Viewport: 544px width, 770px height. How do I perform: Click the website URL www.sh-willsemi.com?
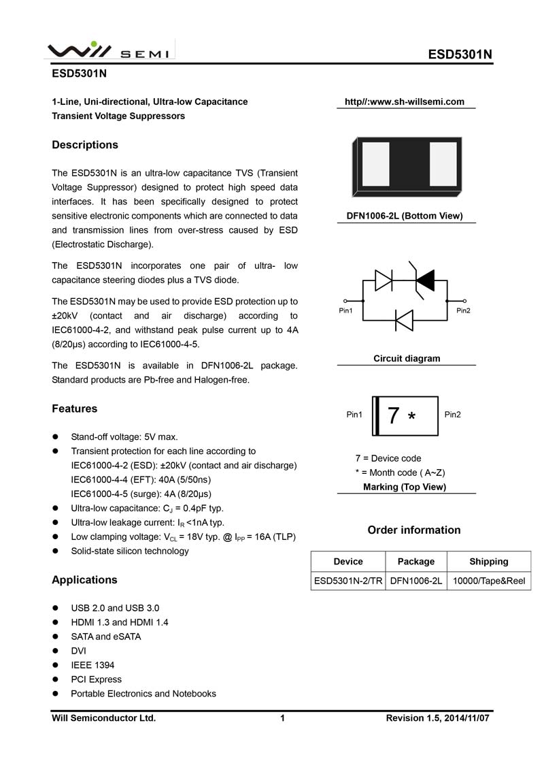click(405, 102)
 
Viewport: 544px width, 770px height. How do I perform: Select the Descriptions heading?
click(85, 145)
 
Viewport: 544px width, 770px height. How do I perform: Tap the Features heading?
click(75, 408)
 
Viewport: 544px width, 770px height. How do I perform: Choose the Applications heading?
click(84, 580)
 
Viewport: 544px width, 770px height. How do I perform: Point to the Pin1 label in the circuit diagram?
click(346, 310)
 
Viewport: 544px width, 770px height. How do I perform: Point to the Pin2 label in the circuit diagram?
click(464, 310)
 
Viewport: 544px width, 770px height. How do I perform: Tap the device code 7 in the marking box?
click(393, 415)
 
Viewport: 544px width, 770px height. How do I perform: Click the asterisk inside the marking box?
click(411, 417)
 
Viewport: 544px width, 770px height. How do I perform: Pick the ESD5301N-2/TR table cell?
click(348, 581)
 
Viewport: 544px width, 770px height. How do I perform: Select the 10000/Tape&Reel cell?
click(488, 581)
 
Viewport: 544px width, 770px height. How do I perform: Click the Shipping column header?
click(488, 562)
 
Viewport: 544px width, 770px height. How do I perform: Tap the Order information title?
click(413, 530)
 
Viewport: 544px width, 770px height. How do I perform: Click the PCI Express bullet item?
click(96, 679)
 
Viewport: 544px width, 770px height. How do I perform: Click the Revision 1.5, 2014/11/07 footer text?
click(438, 718)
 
